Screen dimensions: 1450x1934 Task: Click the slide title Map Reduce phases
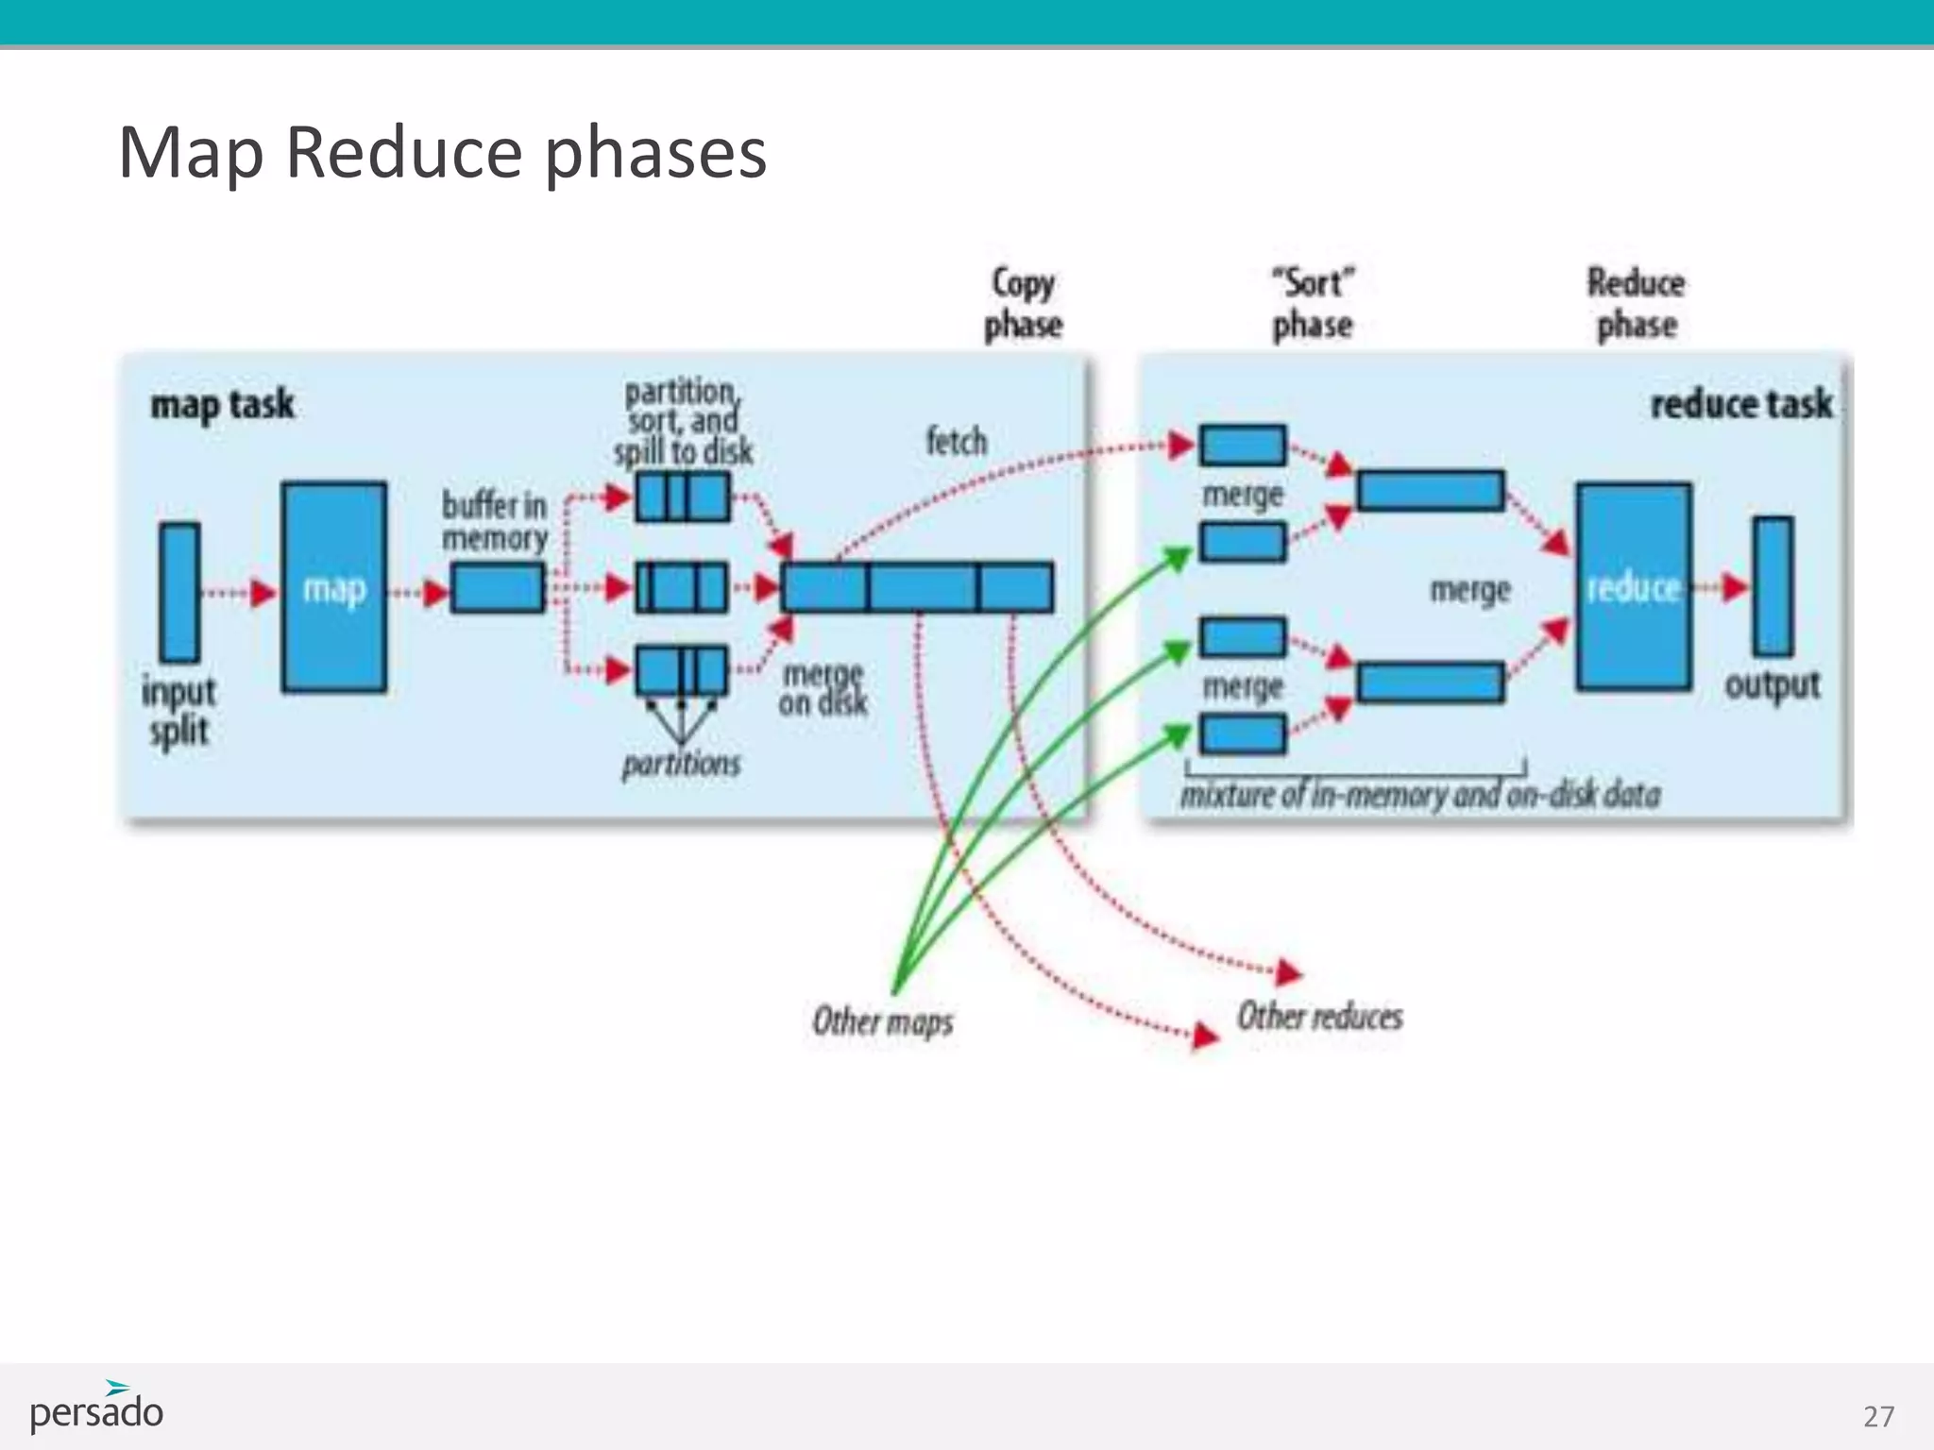coord(442,153)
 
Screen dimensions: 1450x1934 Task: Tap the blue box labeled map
coord(334,587)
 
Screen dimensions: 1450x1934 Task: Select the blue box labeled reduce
coord(1633,587)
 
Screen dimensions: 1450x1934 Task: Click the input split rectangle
coord(179,591)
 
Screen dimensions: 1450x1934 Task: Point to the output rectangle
coord(1773,585)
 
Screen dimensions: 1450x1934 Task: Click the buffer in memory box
coord(498,587)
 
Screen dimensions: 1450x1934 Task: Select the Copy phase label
coord(1023,303)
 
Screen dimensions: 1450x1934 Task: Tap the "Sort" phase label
coord(1312,303)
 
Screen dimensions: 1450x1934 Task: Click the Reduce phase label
coord(1636,303)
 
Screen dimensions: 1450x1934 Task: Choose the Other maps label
coord(882,1021)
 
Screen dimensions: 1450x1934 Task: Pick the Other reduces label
coord(1319,1017)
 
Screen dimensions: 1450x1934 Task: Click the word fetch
coord(956,442)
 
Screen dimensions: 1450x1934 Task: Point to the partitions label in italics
coord(681,763)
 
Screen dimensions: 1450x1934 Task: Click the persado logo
coord(96,1408)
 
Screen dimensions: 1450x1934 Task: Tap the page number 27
coord(1877,1416)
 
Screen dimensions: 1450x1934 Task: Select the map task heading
coord(223,405)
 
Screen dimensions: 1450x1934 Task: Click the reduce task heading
coord(1740,404)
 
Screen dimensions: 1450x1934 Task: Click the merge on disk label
coord(823,688)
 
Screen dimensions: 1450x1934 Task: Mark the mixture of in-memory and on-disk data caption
coord(1419,795)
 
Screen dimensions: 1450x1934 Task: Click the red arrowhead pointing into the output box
coord(1734,587)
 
